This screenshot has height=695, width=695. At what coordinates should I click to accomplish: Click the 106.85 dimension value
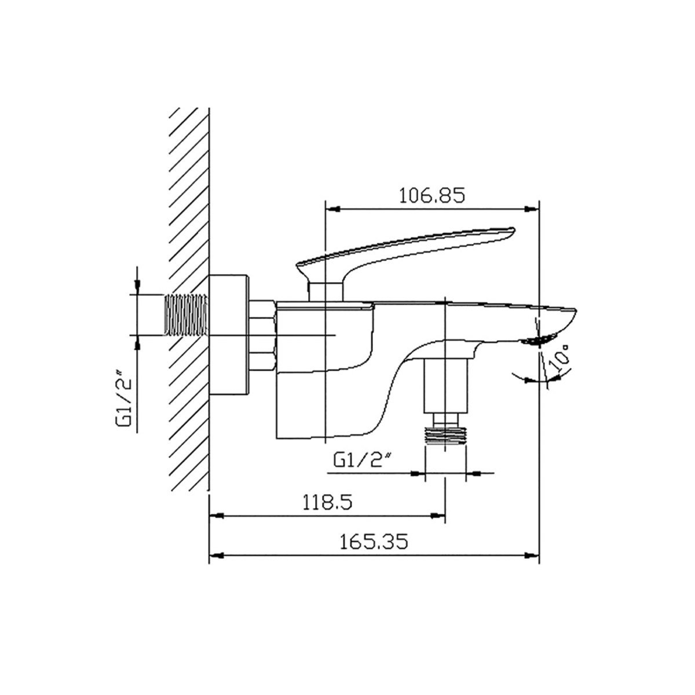point(432,195)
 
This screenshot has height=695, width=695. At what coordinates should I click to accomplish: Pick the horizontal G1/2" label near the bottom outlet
point(363,460)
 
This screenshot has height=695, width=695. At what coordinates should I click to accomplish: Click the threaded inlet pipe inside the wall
point(186,315)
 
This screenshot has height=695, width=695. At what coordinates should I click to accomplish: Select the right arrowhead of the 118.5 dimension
point(438,516)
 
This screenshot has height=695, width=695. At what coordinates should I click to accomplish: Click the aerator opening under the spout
point(539,339)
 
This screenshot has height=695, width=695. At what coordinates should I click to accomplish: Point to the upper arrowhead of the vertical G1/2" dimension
point(137,287)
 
